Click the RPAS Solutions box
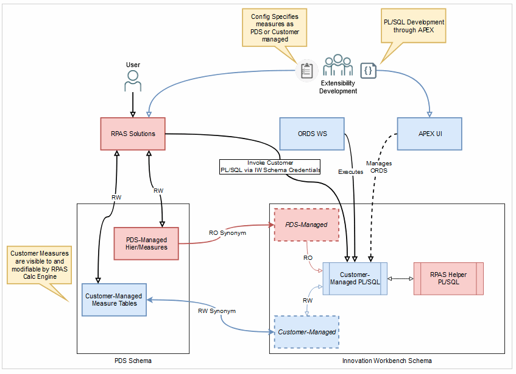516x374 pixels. pos(132,134)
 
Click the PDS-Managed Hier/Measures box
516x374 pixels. pos(146,243)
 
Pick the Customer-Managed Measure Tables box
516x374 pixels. pos(114,300)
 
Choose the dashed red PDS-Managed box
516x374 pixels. pos(306,225)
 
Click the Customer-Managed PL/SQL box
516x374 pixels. pos(354,278)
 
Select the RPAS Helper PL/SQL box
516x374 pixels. pos(448,278)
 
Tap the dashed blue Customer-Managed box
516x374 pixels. pos(306,332)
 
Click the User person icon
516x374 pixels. pos(132,81)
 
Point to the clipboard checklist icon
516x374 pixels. pos(306,71)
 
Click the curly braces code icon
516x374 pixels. pos(368,71)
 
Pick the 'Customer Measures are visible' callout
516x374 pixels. pos(39,265)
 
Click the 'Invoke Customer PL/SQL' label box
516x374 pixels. pos(270,167)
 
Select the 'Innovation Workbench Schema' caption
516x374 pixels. pos(387,361)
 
